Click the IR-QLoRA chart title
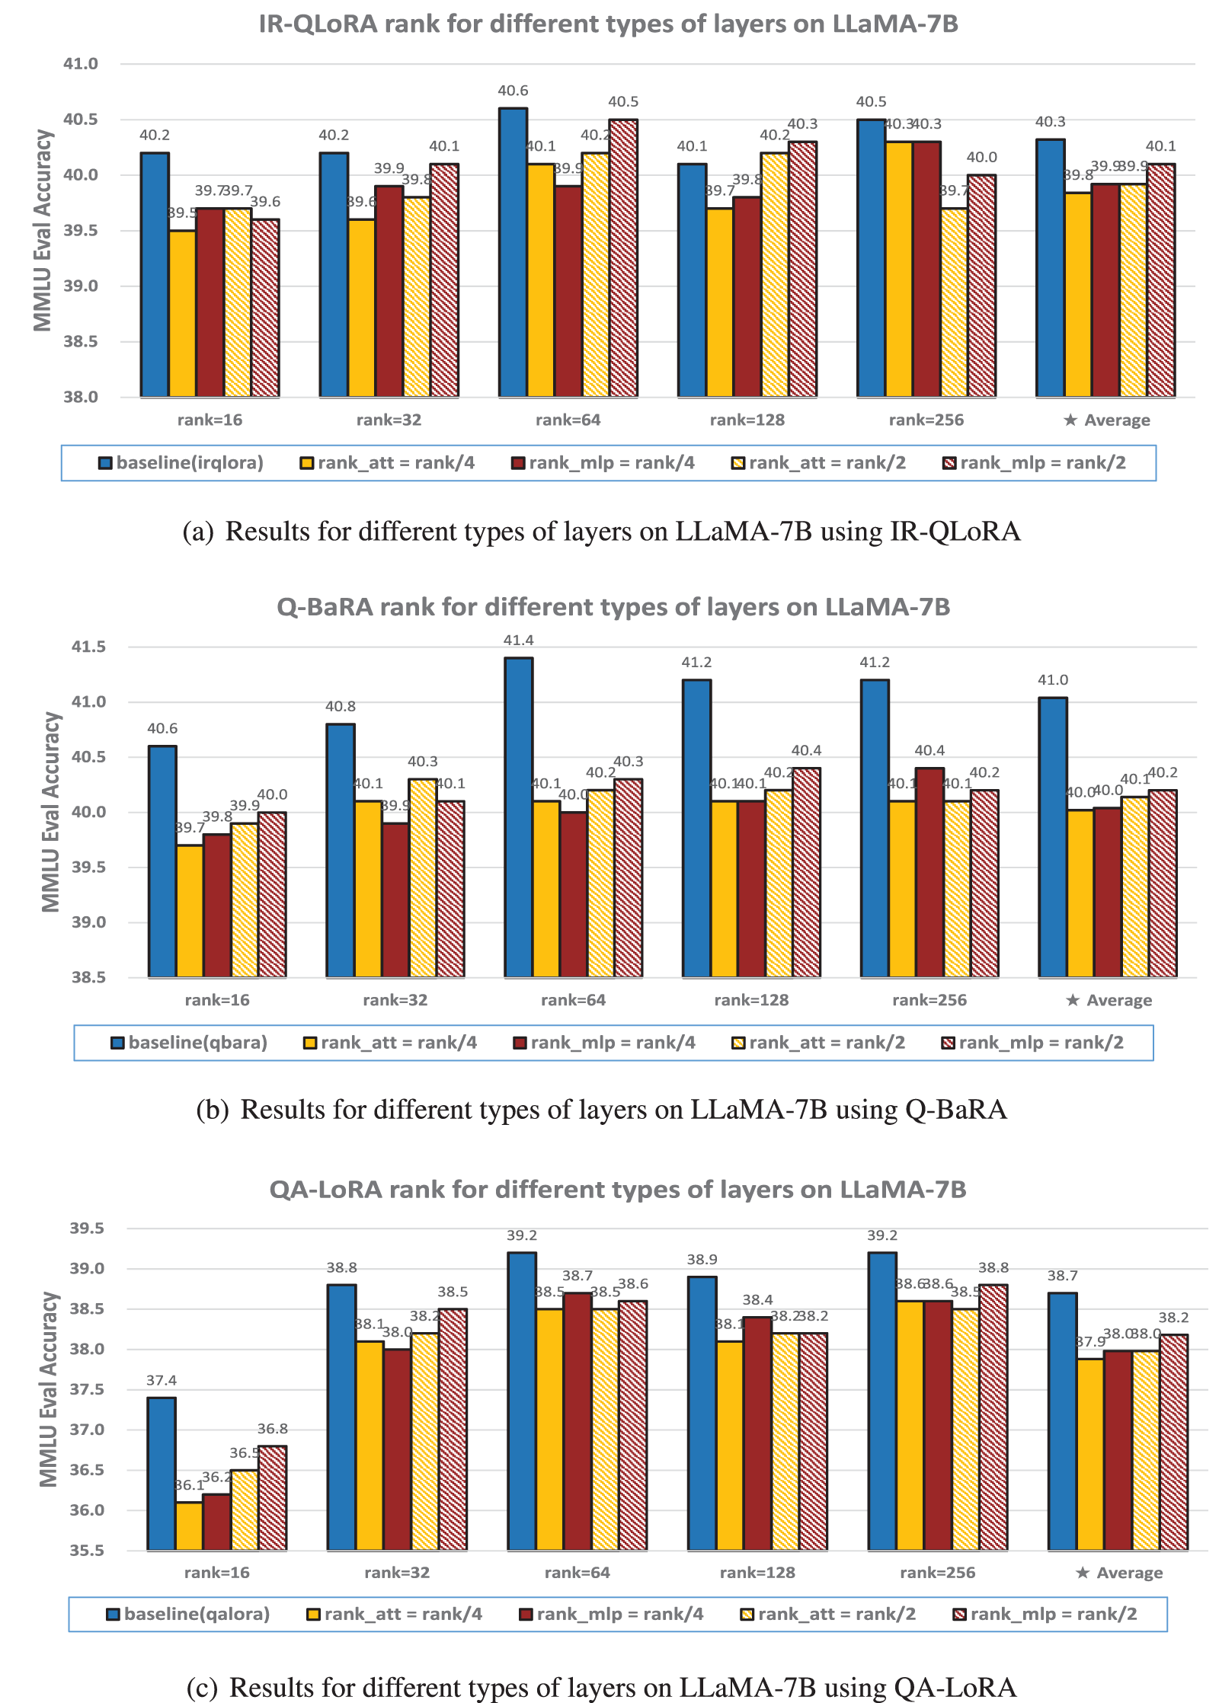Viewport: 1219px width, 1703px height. pos(608,24)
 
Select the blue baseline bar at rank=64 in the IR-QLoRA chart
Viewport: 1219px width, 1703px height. pos(513,251)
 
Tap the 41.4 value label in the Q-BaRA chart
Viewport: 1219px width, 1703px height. pos(518,641)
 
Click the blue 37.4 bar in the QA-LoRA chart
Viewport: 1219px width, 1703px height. pos(162,1473)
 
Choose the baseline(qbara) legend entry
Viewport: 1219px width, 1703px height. pos(190,1043)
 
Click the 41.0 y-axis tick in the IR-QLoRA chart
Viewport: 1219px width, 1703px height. pos(81,64)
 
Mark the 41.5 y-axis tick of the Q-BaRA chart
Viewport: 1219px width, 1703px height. pos(88,647)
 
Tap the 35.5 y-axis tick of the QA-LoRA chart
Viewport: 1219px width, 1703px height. pos(87,1550)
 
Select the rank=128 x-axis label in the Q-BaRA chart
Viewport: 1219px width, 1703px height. pos(751,1000)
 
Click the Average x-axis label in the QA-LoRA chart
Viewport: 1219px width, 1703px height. pos(1118,1573)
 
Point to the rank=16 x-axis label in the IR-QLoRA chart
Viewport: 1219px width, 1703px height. pos(210,420)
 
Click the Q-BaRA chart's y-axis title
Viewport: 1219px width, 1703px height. pos(51,812)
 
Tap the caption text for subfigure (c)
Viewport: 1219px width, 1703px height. pos(602,1687)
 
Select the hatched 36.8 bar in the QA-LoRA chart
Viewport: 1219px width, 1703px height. pos(273,1497)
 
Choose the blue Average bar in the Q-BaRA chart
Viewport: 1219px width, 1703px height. pos(1053,837)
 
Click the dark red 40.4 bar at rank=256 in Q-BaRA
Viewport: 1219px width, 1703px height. pos(929,872)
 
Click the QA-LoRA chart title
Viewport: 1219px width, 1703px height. pos(617,1190)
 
